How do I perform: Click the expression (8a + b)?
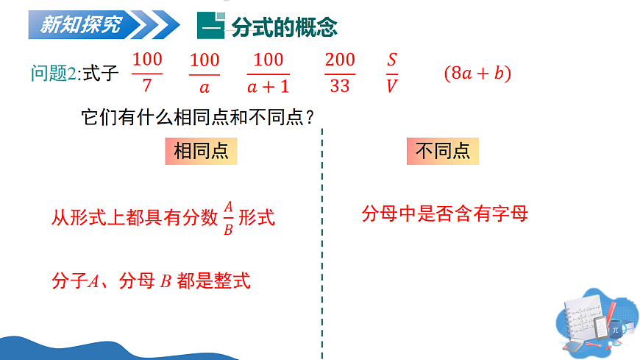pos(477,74)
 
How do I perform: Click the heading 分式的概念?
pos(284,27)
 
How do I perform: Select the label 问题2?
pos(54,74)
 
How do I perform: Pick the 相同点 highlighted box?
pos(201,152)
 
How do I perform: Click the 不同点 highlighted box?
pos(443,152)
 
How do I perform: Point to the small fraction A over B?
pos(228,217)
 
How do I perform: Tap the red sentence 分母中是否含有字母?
pos(445,214)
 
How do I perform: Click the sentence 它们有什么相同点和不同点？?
pos(198,117)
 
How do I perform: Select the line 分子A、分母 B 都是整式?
pos(151,280)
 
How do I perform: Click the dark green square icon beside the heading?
pos(210,27)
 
